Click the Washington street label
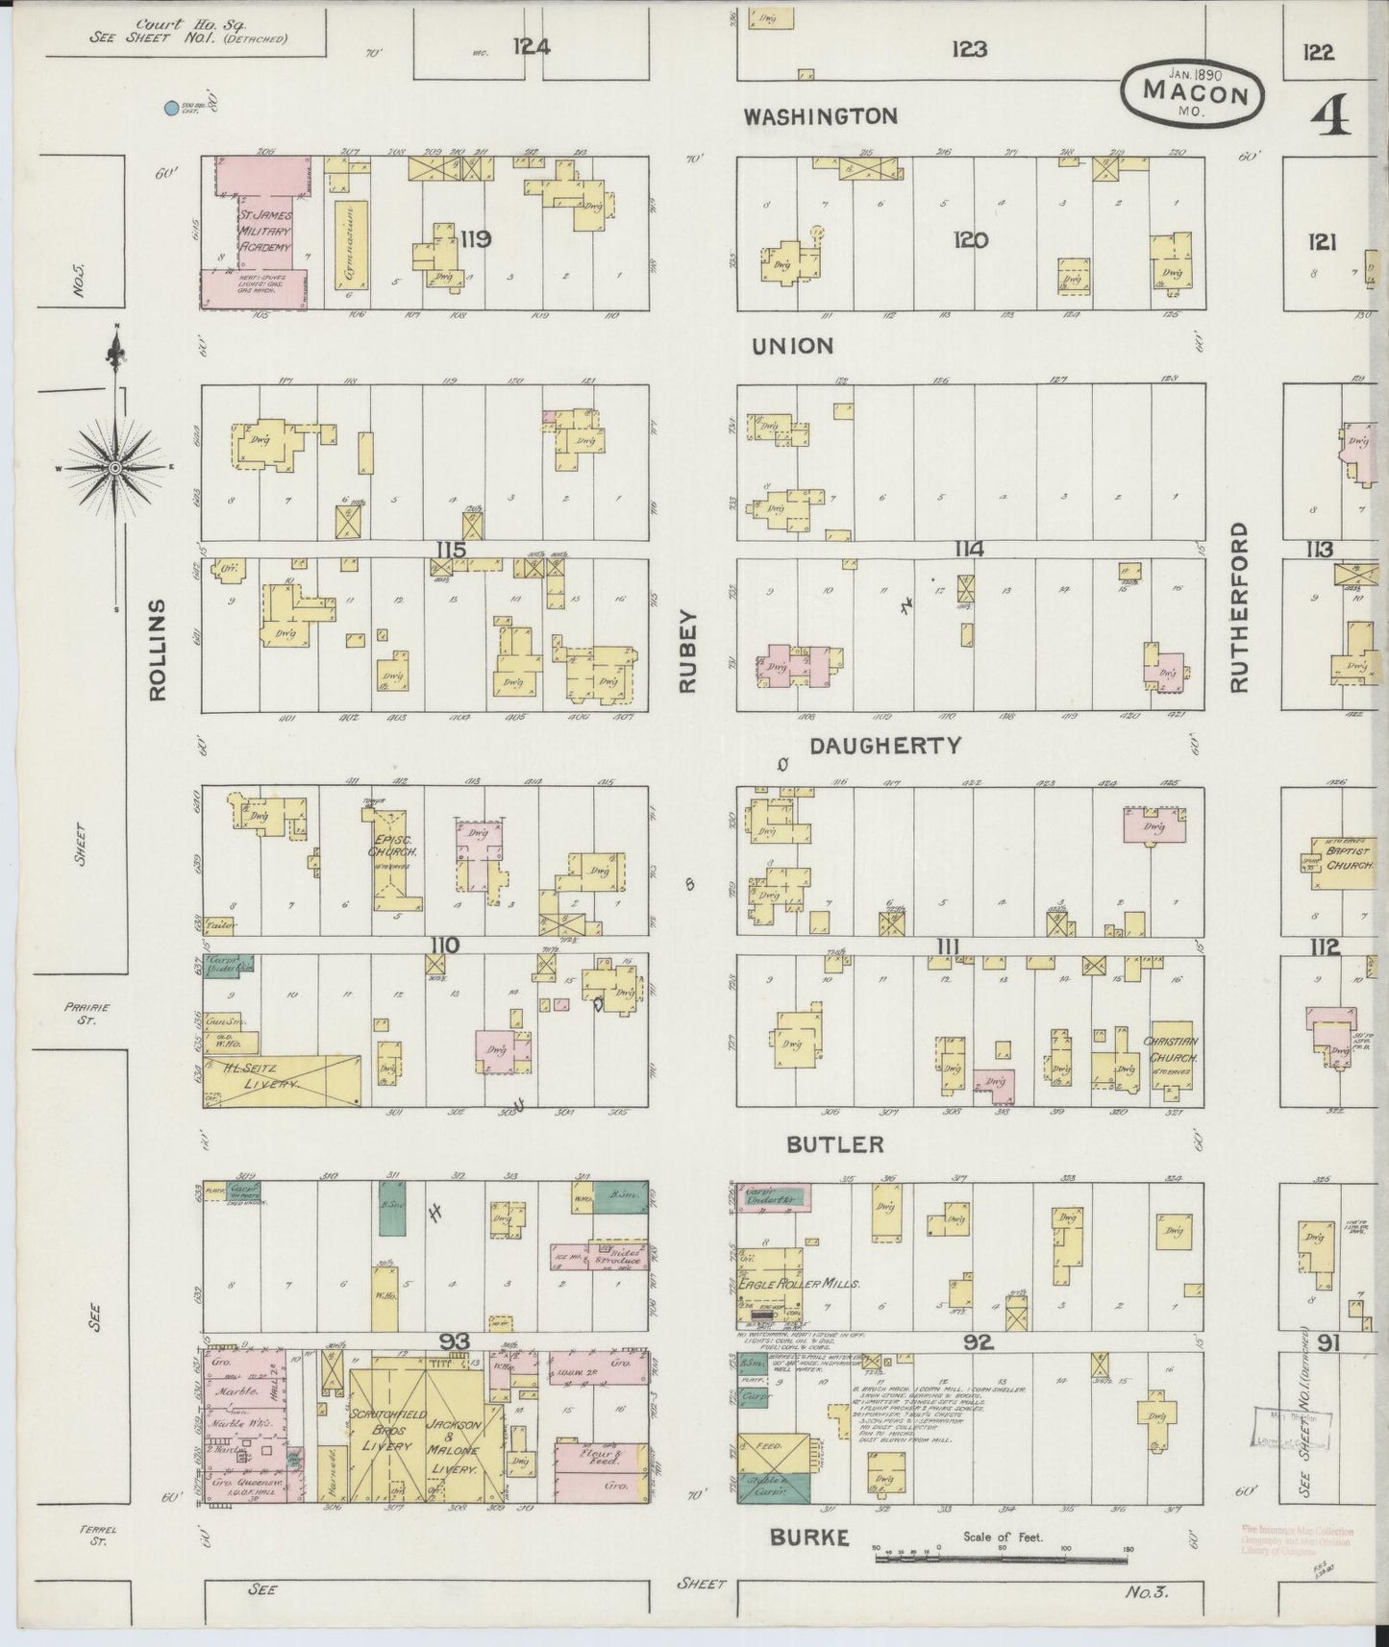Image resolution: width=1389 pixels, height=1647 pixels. pyautogui.click(x=822, y=116)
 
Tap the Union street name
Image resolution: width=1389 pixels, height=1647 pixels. pyautogui.click(x=791, y=346)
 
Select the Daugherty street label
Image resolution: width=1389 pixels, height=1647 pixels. pyautogui.click(x=884, y=746)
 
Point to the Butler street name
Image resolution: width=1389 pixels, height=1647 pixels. pyautogui.click(x=834, y=1144)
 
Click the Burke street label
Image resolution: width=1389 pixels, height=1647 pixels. pyautogui.click(x=809, y=1538)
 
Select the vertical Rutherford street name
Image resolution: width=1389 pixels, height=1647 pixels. pyautogui.click(x=1238, y=606)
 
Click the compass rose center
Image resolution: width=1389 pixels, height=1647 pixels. pyautogui.click(x=115, y=468)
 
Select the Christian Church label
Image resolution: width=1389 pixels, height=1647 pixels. pyautogui.click(x=1170, y=1049)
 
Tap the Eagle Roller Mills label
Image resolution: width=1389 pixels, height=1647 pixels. pyautogui.click(x=785, y=1284)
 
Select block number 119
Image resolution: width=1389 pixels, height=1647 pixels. pyautogui.click(x=476, y=239)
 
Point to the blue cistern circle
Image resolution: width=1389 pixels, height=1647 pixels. pyautogui.click(x=171, y=110)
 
